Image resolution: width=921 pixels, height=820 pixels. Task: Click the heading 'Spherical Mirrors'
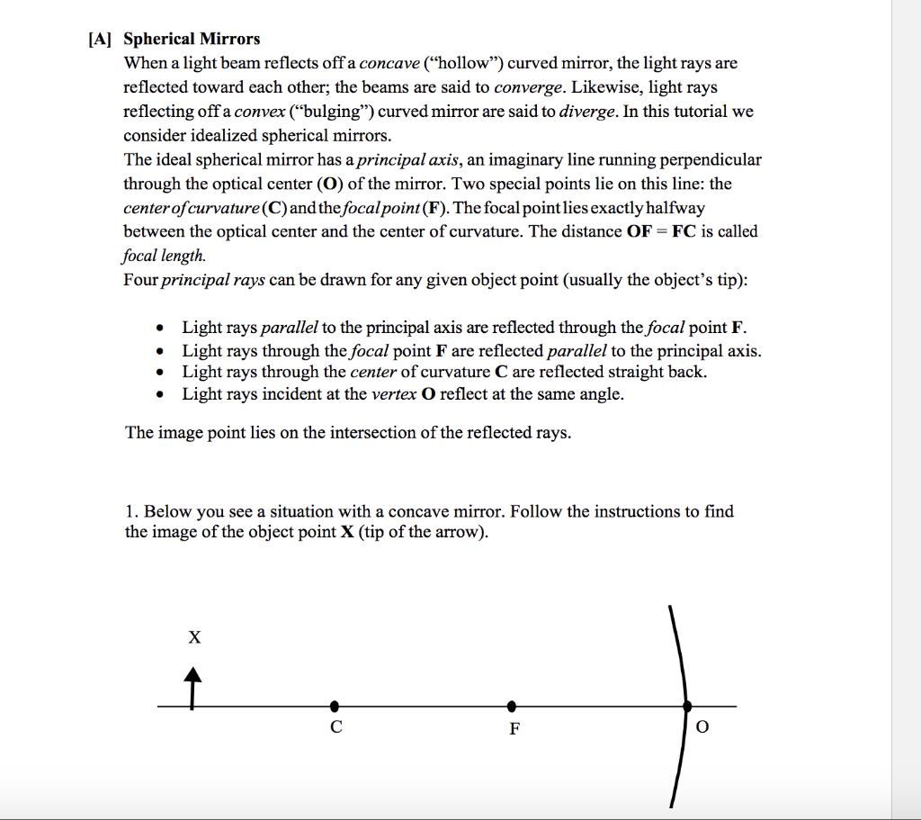point(192,39)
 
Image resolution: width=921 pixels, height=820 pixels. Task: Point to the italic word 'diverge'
point(587,112)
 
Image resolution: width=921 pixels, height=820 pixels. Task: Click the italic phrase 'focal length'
point(164,255)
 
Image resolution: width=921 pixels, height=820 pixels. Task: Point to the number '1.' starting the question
point(132,511)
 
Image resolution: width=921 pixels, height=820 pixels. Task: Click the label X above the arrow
point(194,638)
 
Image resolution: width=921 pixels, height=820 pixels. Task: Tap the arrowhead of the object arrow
point(192,674)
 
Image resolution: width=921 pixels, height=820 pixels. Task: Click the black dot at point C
point(335,706)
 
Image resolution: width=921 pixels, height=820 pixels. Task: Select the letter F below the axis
point(514,729)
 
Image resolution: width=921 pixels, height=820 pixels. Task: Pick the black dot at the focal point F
point(511,706)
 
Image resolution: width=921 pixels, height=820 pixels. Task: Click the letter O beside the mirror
point(702,728)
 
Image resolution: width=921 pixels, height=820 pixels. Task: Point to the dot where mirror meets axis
point(688,706)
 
